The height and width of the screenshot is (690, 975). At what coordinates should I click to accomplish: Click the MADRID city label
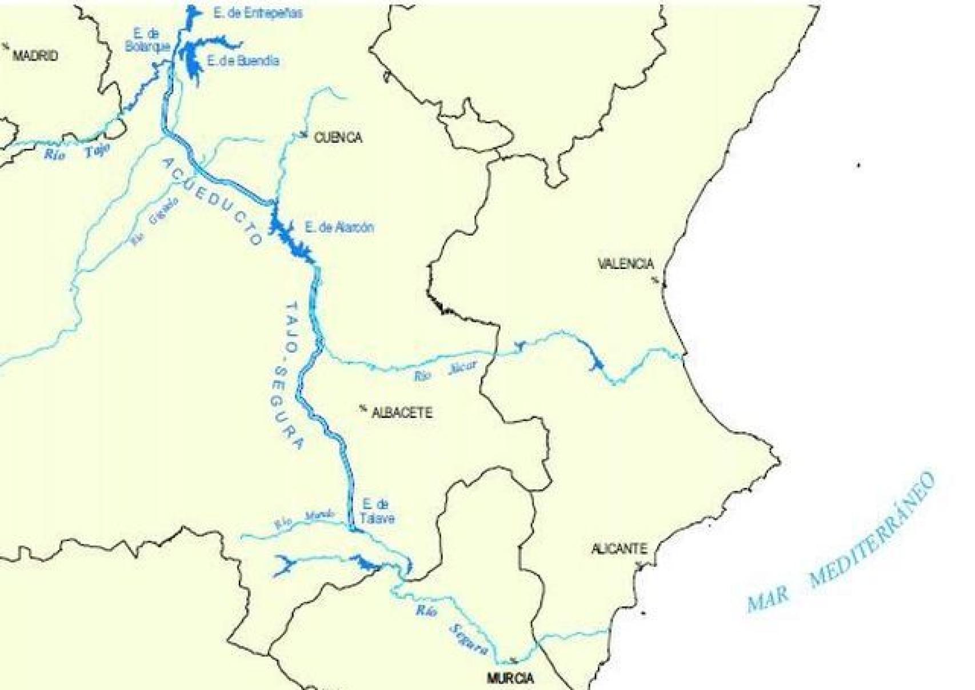point(35,56)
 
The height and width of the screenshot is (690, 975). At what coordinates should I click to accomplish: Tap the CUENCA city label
point(338,138)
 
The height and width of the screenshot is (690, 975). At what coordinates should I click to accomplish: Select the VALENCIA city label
point(625,264)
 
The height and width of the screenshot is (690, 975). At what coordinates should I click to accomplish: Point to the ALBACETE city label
point(402,413)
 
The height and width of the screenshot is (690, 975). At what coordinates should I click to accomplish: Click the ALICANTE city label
point(619,549)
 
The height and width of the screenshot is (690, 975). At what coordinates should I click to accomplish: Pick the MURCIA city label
point(510,678)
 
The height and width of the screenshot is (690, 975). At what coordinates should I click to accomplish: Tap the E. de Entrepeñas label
point(258,14)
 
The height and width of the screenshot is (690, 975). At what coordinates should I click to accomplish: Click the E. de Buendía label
point(243,61)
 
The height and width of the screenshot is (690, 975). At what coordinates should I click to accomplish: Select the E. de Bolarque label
point(147,40)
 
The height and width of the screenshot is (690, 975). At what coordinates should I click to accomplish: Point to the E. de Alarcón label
point(339,227)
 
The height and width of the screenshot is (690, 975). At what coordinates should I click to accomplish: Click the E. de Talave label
point(377,511)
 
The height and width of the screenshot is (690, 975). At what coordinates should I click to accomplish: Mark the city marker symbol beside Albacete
point(362,408)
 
